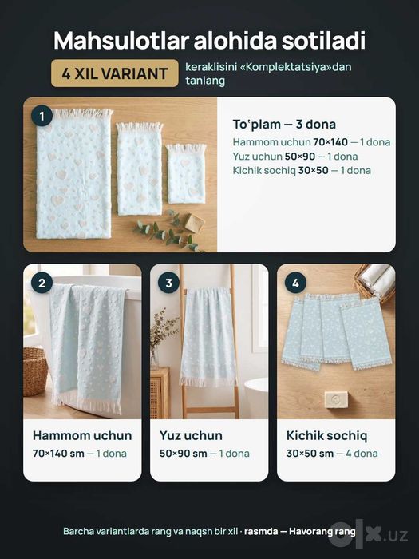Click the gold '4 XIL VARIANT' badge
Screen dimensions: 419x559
pyautogui.click(x=114, y=73)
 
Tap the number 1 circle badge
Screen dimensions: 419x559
pyautogui.click(x=42, y=117)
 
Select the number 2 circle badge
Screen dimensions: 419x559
pyautogui.click(x=42, y=283)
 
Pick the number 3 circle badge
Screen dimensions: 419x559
pyautogui.click(x=168, y=283)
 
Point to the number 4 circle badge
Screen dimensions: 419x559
pyautogui.click(x=295, y=283)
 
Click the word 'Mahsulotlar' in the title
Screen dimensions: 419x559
pyautogui.click(x=121, y=40)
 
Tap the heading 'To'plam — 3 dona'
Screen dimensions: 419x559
pyautogui.click(x=284, y=124)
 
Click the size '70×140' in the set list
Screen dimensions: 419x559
pyautogui.click(x=330, y=142)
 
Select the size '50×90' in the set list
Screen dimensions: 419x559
pyautogui.click(x=299, y=157)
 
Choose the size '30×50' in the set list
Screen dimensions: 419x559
pyautogui.click(x=313, y=170)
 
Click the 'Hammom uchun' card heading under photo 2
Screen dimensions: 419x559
pyautogui.click(x=82, y=436)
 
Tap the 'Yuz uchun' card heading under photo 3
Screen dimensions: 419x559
pyautogui.click(x=191, y=436)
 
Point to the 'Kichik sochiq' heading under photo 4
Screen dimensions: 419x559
pyautogui.click(x=326, y=436)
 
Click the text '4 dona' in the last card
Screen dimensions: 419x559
pyautogui.click(x=362, y=454)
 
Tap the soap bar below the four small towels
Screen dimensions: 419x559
pyautogui.click(x=337, y=399)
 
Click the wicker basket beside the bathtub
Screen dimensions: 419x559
pyautogui.click(x=35, y=371)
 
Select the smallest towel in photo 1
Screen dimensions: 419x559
pyautogui.click(x=186, y=173)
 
